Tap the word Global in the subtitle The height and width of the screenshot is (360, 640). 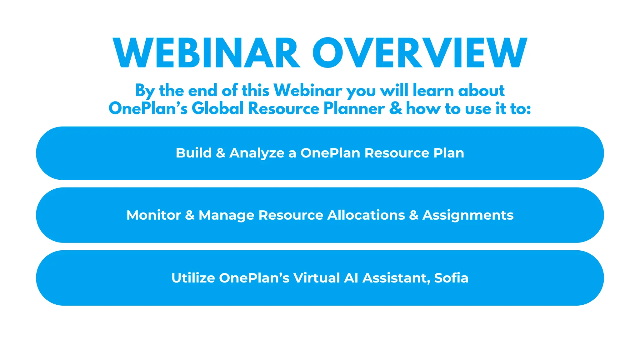(x=217, y=108)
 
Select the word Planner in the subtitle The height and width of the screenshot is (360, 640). (x=354, y=108)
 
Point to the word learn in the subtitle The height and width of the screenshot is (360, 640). (x=433, y=91)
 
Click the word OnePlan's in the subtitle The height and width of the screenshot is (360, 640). (x=148, y=108)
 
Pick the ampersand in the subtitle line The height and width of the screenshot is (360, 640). (x=396, y=108)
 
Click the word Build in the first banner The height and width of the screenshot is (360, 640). (x=194, y=153)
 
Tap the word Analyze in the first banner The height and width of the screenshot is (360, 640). (x=257, y=153)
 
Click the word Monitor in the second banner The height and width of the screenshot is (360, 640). (x=153, y=215)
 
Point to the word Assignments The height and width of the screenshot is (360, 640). (x=468, y=215)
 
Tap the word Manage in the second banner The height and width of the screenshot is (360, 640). (x=226, y=215)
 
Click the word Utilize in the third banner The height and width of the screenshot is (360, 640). (x=193, y=278)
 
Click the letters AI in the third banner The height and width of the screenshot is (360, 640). (x=351, y=278)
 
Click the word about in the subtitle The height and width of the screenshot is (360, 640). (x=481, y=91)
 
